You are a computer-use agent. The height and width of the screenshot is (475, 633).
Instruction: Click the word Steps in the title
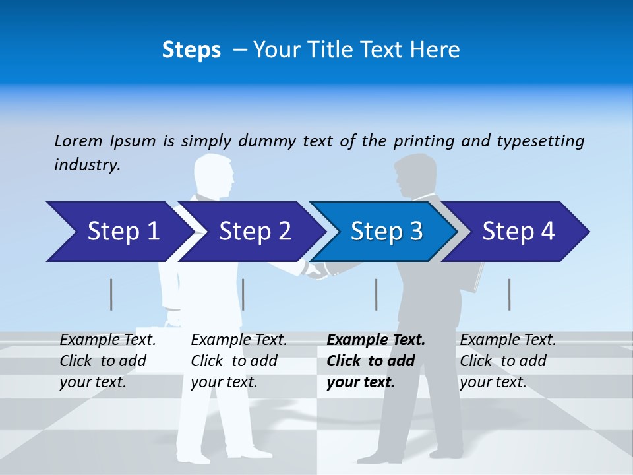(x=191, y=50)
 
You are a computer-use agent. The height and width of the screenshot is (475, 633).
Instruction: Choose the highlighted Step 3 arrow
(x=386, y=232)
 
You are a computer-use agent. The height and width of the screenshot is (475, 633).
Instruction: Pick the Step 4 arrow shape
(x=518, y=232)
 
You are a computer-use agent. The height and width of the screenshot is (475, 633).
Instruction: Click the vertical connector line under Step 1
(x=111, y=294)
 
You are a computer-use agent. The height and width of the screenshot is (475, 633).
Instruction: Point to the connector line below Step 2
(x=243, y=294)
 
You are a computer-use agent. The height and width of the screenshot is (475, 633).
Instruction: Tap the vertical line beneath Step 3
(x=377, y=294)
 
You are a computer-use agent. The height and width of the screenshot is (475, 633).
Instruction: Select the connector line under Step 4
(x=510, y=294)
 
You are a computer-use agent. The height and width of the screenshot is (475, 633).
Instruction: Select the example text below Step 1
(x=107, y=361)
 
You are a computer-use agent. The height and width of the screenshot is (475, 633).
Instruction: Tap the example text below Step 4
(x=508, y=361)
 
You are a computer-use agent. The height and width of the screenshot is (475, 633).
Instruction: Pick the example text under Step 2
(x=239, y=361)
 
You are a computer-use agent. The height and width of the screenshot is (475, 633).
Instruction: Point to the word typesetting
(x=540, y=141)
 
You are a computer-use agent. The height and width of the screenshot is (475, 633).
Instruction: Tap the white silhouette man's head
(x=214, y=174)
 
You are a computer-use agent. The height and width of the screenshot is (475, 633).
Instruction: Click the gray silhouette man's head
(x=413, y=175)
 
